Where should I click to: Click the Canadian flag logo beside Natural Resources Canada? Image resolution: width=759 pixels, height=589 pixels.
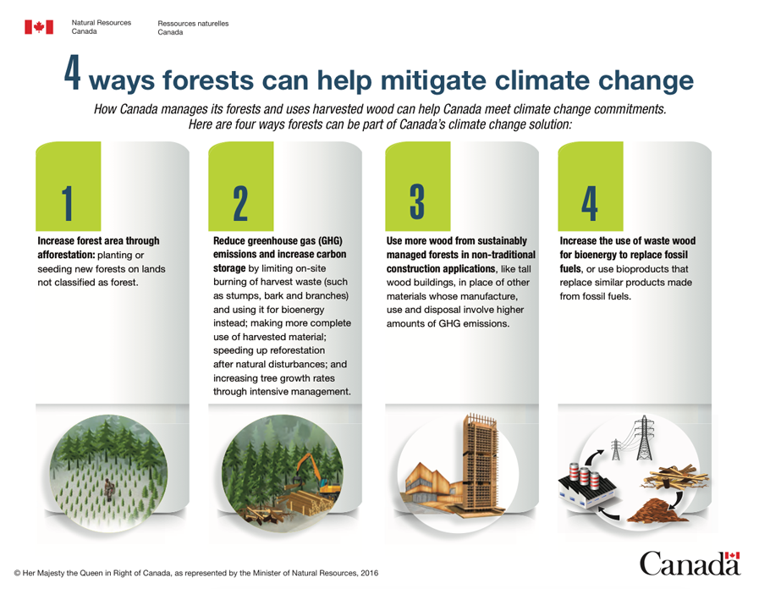coord(39,27)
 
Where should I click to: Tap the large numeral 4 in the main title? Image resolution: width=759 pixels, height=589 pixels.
coord(72,73)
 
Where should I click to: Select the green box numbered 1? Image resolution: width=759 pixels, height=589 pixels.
coord(69,186)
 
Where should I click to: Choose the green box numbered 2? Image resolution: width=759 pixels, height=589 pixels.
coord(240,186)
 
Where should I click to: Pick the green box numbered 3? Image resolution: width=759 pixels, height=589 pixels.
coord(418,186)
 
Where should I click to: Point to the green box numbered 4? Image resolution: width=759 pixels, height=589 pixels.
coord(590,186)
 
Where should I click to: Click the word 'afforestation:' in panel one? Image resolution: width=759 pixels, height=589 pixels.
coord(66,255)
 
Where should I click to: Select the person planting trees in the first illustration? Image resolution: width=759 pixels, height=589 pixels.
coord(108,489)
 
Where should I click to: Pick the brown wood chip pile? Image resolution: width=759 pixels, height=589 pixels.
coord(657,511)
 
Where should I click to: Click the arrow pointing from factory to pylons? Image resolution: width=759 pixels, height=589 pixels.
coord(593,456)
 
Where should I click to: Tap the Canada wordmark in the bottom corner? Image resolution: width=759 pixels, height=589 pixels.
coord(690,563)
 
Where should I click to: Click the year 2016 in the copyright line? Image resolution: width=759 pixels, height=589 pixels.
coord(370,573)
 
